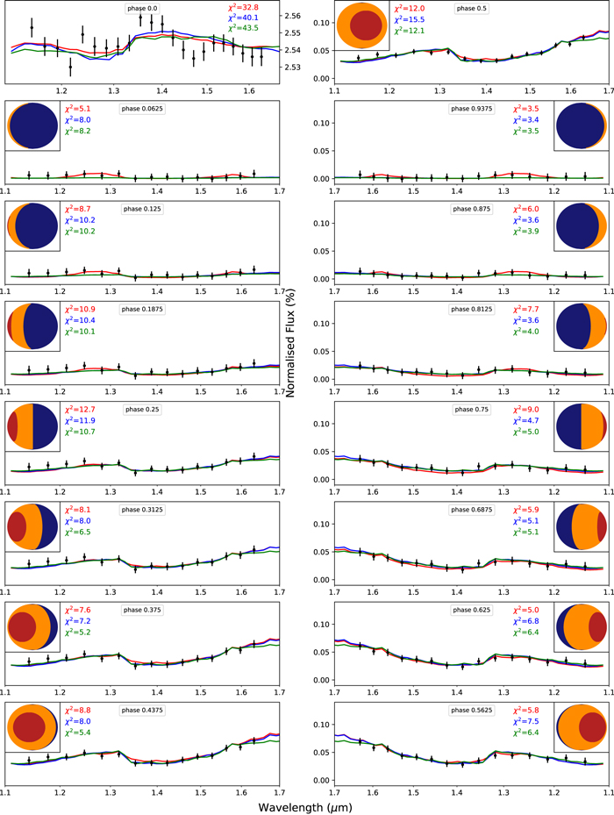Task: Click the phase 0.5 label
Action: click(x=467, y=8)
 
